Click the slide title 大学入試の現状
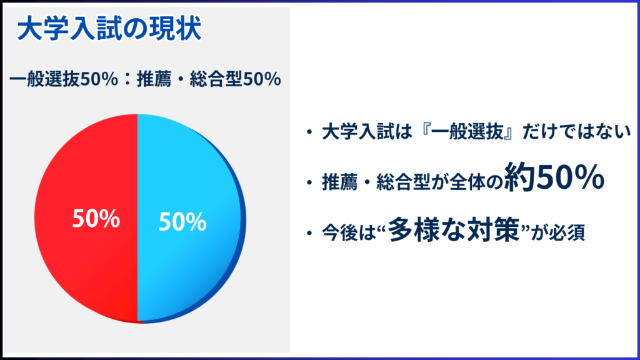(x=109, y=29)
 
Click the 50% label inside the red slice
(x=96, y=218)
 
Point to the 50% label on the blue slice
(x=182, y=222)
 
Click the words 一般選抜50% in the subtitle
(x=64, y=79)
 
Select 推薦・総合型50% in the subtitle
(x=209, y=79)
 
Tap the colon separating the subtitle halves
(x=127, y=79)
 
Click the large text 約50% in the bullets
(x=554, y=177)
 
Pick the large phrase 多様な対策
(x=454, y=229)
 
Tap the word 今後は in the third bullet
(x=348, y=232)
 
